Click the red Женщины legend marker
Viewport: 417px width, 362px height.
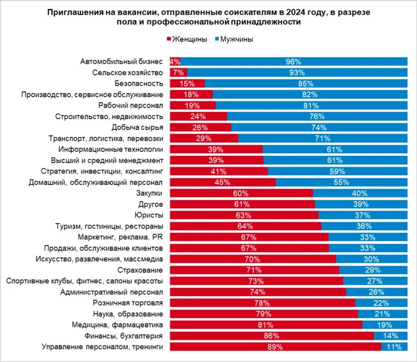[168, 39]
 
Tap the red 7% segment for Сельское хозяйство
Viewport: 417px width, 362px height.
[178, 72]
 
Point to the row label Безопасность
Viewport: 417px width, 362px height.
[139, 83]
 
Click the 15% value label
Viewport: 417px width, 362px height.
[187, 83]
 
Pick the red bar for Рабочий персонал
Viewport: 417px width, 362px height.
[192, 105]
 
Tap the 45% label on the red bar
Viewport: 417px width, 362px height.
[222, 182]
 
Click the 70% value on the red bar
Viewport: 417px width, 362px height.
[252, 259]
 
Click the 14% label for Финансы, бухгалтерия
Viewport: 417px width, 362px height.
[391, 336]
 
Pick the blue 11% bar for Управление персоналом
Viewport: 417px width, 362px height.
[395, 347]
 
